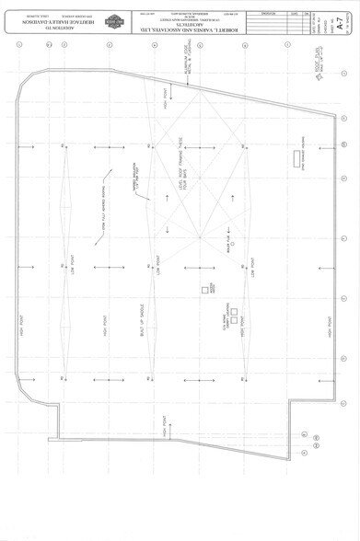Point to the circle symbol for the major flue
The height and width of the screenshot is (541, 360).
(233, 243)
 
